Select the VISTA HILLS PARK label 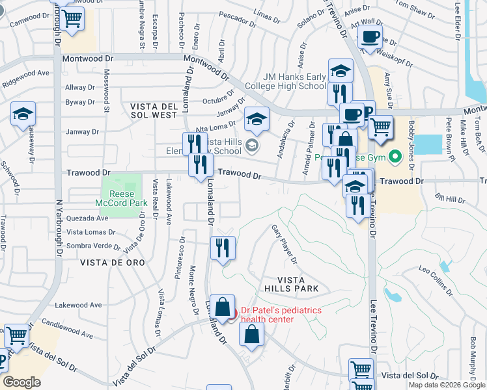291,283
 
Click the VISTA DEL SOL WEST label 154,110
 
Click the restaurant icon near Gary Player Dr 223,248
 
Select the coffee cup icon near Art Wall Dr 370,38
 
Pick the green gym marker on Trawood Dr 394,157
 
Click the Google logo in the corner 21,382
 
